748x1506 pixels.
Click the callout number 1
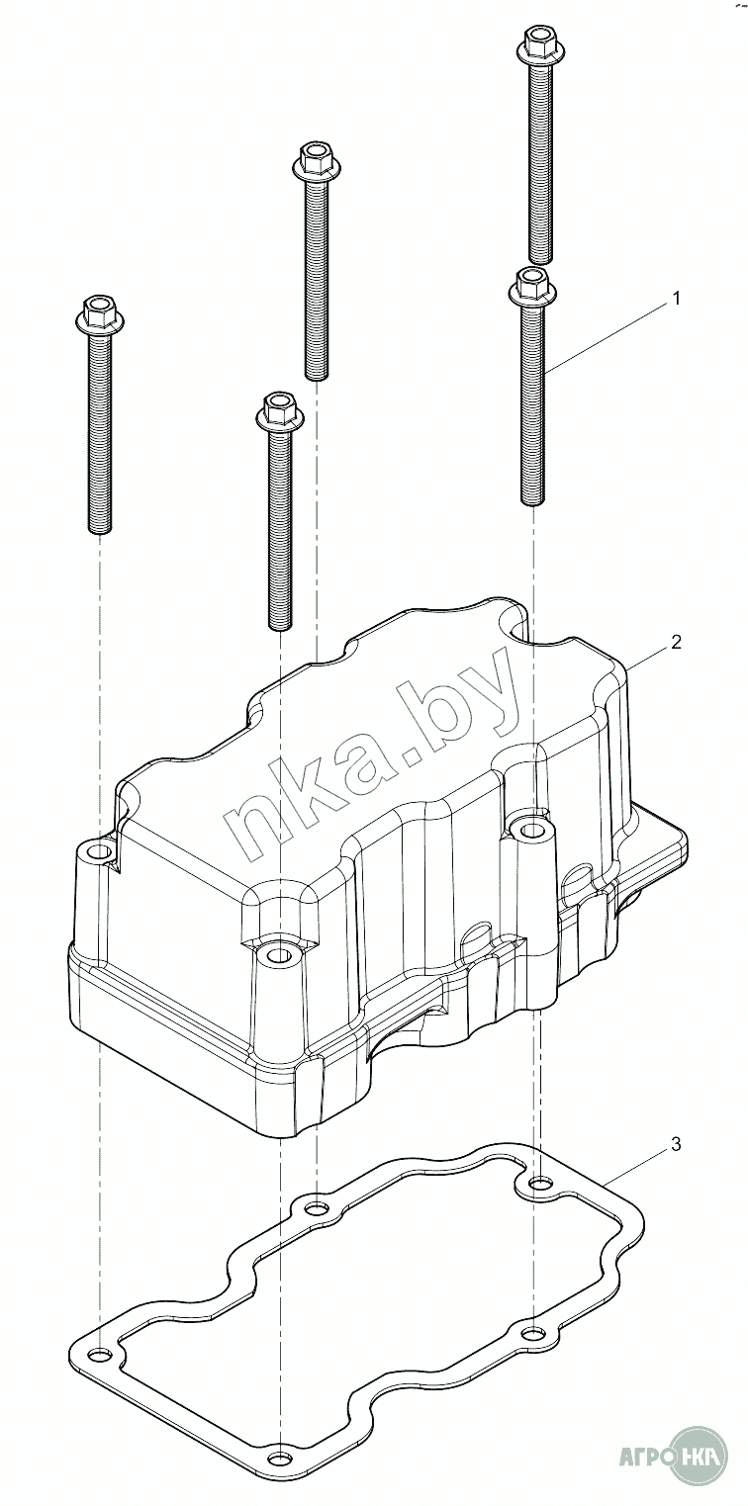(x=677, y=299)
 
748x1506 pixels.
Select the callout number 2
(x=676, y=642)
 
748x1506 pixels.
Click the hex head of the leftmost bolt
(x=98, y=314)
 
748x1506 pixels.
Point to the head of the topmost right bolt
(x=537, y=45)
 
